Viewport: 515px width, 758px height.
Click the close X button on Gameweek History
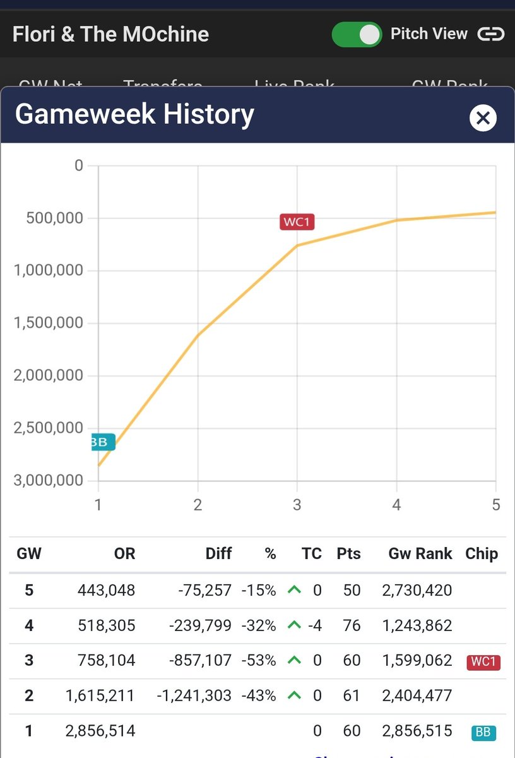[x=483, y=117]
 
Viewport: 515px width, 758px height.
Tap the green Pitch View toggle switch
[x=357, y=35]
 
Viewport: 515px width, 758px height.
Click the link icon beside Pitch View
[x=490, y=34]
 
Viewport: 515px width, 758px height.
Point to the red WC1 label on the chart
[x=297, y=222]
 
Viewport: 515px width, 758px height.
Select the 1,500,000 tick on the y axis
[x=48, y=323]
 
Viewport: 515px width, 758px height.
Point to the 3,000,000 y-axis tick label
[x=48, y=480]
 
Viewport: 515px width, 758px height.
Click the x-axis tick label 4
[x=396, y=504]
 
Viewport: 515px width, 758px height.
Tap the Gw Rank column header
[x=420, y=554]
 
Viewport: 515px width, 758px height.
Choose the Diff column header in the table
[x=218, y=554]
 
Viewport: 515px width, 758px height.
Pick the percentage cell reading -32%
[x=259, y=626]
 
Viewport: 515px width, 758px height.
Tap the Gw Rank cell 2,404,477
[x=417, y=696]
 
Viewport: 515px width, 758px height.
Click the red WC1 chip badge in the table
[x=483, y=662]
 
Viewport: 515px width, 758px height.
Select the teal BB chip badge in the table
[x=483, y=732]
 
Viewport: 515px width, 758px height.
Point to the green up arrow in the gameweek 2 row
[x=293, y=695]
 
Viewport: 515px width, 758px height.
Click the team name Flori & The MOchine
[x=110, y=34]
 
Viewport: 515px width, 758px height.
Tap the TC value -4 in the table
[x=315, y=626]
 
